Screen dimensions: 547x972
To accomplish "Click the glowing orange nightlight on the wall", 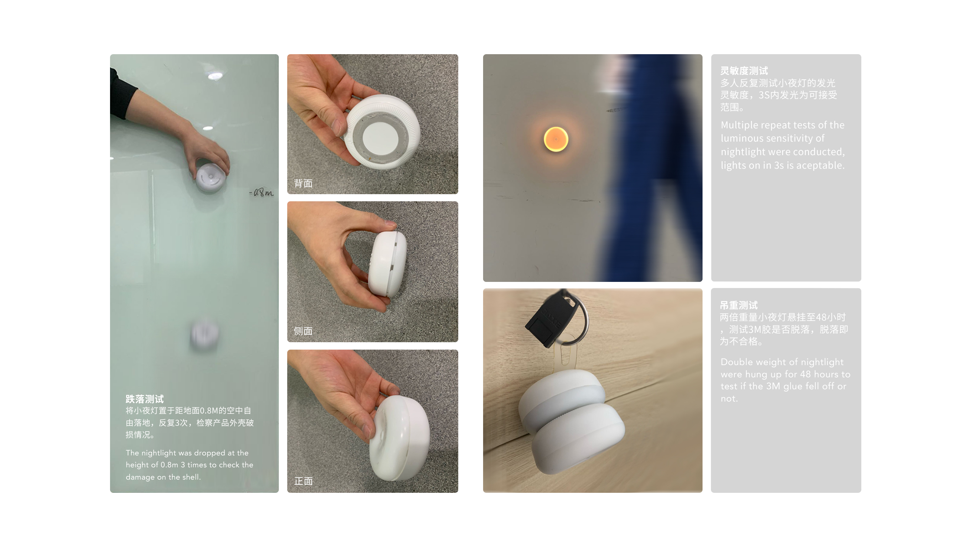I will pyautogui.click(x=556, y=139).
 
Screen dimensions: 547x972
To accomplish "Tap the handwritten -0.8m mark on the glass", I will pyautogui.click(x=261, y=193).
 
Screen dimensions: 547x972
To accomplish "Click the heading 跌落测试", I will pyautogui.click(x=145, y=399).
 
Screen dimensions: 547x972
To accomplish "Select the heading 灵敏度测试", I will pyautogui.click(x=744, y=71).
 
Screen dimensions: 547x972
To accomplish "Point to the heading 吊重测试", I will pyautogui.click(x=738, y=305).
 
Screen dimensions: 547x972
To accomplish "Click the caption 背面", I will pyautogui.click(x=303, y=183).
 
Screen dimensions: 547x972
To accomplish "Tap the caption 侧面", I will pyautogui.click(x=303, y=331).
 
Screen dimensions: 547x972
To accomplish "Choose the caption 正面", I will pyautogui.click(x=303, y=481).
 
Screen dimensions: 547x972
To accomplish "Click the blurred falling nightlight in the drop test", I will pyautogui.click(x=205, y=334).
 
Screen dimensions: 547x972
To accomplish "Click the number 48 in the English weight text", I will pyautogui.click(x=805, y=374).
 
